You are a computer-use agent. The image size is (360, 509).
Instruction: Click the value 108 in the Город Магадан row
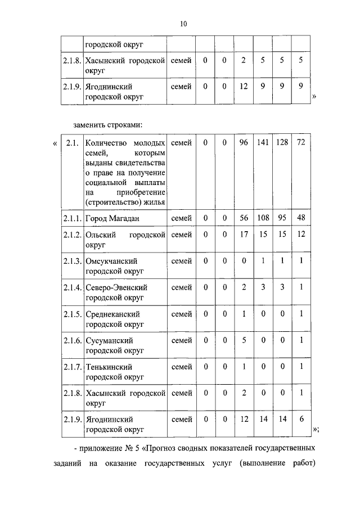click(263, 218)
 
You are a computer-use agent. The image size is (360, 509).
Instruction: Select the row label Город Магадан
click(112, 218)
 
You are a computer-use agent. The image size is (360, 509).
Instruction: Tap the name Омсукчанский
click(111, 261)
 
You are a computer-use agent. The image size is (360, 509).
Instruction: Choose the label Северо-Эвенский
click(116, 287)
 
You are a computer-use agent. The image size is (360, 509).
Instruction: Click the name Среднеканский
click(112, 314)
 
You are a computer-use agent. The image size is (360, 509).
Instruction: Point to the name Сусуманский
click(109, 340)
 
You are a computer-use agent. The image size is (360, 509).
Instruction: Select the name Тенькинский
click(109, 367)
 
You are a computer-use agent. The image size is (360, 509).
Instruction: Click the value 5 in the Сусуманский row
click(244, 340)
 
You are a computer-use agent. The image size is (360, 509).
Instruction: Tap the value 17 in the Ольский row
click(244, 235)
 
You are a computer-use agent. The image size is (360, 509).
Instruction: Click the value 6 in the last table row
click(301, 420)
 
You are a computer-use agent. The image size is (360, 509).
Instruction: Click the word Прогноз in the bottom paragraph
click(164, 450)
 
